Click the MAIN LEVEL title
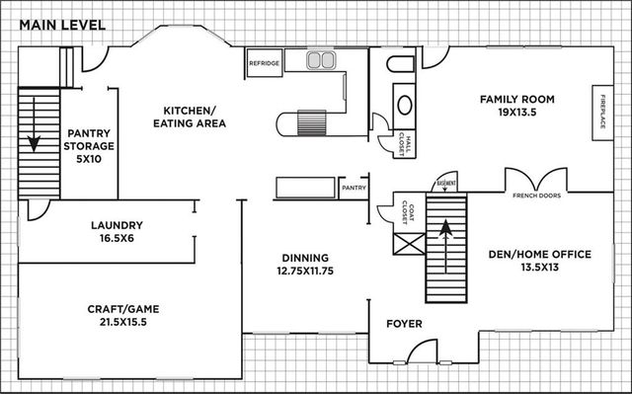tap(55, 23)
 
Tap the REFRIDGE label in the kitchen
tap(264, 63)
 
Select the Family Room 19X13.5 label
tap(516, 106)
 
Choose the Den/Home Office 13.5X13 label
tap(539, 261)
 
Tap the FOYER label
tap(404, 324)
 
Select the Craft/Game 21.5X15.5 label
tap(122, 316)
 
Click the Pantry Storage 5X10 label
tap(91, 146)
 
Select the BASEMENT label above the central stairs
tap(445, 183)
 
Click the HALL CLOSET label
tap(405, 144)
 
